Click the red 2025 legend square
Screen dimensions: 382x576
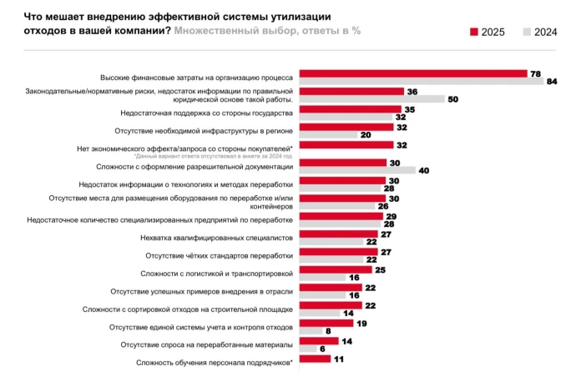(474, 33)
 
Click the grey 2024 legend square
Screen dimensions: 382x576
(526, 33)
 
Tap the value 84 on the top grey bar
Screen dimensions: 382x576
(551, 81)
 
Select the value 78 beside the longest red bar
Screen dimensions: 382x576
(534, 73)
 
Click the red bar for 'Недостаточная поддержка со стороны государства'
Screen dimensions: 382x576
(349, 109)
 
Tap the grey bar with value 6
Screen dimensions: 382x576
(306, 349)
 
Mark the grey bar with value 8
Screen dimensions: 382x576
(309, 331)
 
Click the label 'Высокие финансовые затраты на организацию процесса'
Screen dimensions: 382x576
(196, 77)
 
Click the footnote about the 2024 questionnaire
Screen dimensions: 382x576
(213, 156)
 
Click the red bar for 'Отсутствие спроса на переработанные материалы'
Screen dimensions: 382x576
(318, 340)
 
